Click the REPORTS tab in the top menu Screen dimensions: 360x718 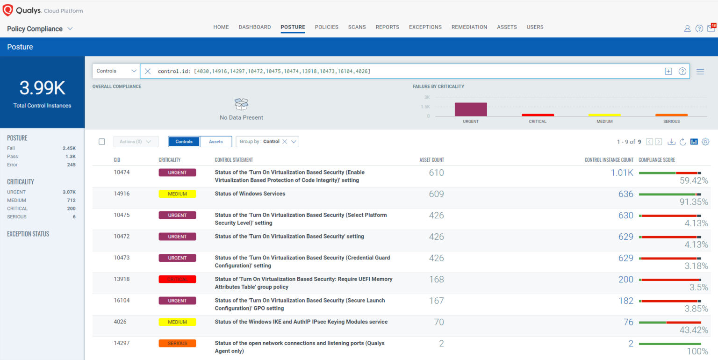(x=387, y=27)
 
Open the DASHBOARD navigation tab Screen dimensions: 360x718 (x=254, y=27)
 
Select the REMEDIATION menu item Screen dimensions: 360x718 (x=469, y=27)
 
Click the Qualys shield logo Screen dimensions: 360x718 (x=8, y=10)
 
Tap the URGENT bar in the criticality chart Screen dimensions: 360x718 (x=470, y=109)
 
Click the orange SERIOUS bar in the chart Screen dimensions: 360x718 (x=671, y=115)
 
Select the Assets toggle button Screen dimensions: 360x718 (x=215, y=142)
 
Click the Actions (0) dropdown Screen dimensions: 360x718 (x=136, y=142)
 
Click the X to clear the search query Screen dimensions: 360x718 (x=148, y=71)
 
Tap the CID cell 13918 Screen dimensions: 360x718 (x=122, y=279)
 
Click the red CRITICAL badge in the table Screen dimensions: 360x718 (x=177, y=280)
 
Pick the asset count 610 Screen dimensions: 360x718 (x=436, y=173)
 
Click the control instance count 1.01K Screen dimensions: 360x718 (x=622, y=173)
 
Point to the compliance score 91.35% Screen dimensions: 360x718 (x=693, y=202)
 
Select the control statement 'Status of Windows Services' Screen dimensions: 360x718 (x=250, y=194)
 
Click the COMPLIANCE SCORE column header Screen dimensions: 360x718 (x=656, y=160)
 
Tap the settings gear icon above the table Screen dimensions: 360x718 (x=705, y=142)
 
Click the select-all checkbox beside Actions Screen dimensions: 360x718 (x=102, y=142)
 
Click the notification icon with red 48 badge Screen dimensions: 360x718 (x=711, y=28)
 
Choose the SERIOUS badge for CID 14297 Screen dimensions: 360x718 (x=177, y=344)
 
